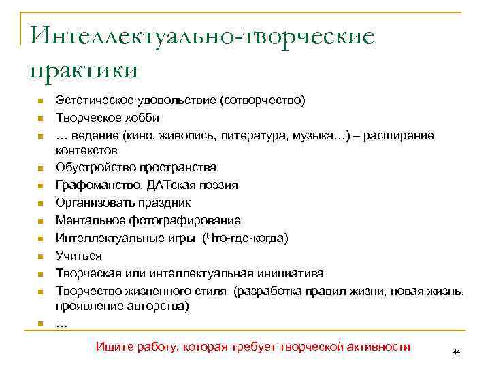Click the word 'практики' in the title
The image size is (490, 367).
tap(84, 69)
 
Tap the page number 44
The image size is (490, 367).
tap(456, 351)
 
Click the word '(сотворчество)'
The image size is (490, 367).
tap(263, 100)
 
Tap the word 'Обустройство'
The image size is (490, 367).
tap(93, 167)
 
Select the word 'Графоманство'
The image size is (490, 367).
tap(93, 185)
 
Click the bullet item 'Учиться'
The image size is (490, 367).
tap(78, 256)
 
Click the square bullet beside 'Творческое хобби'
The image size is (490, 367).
tap(40, 118)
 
